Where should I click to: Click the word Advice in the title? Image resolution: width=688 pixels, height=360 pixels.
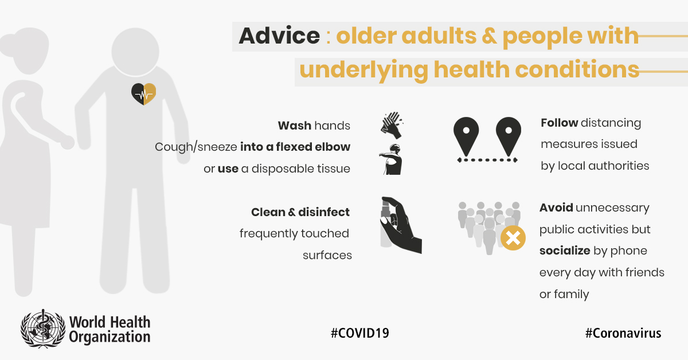279,36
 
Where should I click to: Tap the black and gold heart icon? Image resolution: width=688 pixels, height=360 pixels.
143,93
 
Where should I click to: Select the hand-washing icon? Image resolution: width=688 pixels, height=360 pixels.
392,126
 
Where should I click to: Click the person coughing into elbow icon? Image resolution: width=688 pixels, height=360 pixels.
390,159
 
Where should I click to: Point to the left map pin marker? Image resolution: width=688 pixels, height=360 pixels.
466,136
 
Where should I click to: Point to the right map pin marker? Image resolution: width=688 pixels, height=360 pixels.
509,136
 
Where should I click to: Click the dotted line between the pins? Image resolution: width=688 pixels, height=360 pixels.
487,160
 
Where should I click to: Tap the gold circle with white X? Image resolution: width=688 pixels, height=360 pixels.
513,238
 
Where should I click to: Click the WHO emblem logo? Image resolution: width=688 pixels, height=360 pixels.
43,328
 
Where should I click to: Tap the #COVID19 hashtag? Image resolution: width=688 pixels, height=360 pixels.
359,333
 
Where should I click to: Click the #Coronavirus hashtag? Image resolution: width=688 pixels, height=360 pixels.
623,333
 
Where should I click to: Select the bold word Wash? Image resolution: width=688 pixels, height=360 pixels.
295,126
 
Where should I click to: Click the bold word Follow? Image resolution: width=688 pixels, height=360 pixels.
560,123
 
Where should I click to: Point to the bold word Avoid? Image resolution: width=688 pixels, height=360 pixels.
556,208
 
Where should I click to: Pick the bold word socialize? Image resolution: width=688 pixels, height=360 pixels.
565,251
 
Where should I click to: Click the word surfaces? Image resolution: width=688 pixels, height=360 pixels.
327,255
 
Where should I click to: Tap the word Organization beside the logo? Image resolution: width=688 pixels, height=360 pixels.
110,336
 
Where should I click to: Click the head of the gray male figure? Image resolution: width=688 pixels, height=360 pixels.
135,52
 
